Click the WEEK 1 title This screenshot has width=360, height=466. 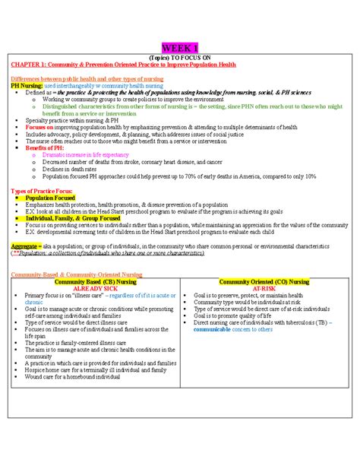pos(180,48)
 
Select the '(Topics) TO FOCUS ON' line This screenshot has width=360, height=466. pos(180,58)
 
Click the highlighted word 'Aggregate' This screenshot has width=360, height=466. pos(25,247)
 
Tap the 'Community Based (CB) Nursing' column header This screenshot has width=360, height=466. pos(95,281)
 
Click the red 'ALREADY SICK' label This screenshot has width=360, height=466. pos(95,288)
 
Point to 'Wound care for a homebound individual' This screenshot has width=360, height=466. pos(76,376)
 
